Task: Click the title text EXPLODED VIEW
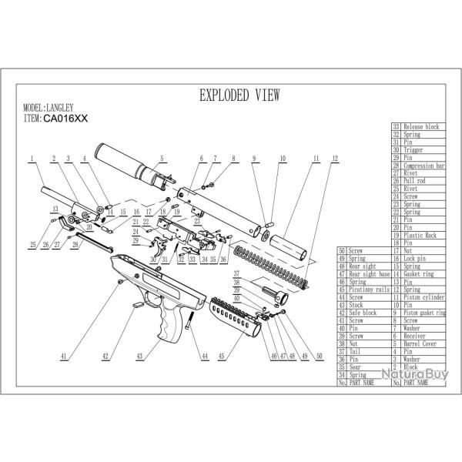click(x=239, y=95)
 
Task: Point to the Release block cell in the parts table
click(x=420, y=126)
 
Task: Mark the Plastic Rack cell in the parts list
click(x=420, y=234)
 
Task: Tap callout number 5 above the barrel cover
click(x=161, y=159)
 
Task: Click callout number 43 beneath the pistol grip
click(x=140, y=357)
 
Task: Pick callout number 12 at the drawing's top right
click(x=333, y=159)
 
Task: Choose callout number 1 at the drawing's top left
click(x=32, y=159)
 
